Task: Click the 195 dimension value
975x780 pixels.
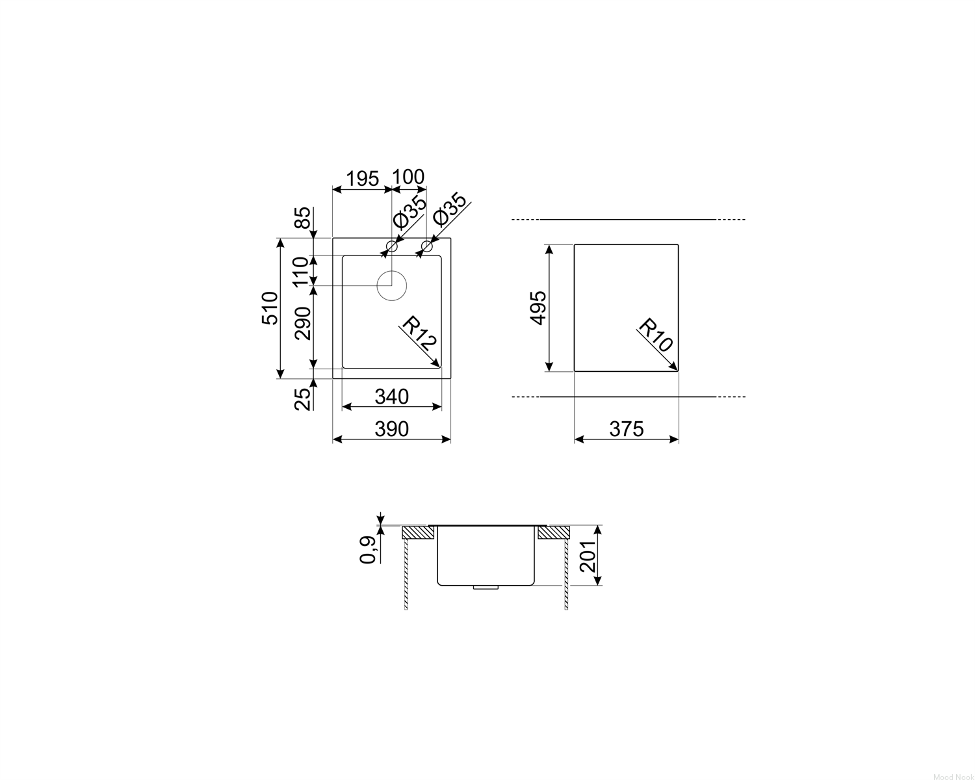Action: pos(363,179)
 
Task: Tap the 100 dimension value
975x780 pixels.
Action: pos(408,177)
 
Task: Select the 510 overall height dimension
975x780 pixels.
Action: pos(270,308)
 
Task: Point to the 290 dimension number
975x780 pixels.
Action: pos(303,323)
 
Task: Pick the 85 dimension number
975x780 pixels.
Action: pos(303,218)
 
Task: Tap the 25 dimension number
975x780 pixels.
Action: pos(303,399)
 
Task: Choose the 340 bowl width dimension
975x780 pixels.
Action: pos(391,396)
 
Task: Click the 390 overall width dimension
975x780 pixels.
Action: pos(391,429)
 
